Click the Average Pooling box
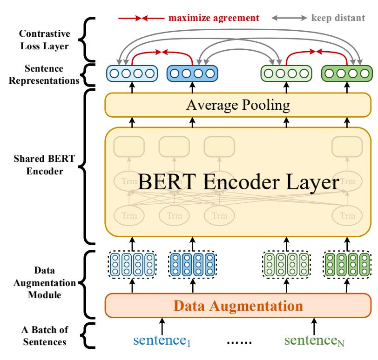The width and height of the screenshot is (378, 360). click(238, 105)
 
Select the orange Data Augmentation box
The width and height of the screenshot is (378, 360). click(238, 306)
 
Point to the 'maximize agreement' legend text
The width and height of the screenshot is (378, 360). click(214, 18)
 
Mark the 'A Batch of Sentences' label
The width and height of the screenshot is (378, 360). click(45, 336)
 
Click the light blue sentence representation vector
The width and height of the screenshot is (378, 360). click(131, 73)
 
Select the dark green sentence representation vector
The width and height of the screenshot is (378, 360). click(347, 73)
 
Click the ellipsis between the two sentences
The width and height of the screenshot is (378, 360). click(239, 342)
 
